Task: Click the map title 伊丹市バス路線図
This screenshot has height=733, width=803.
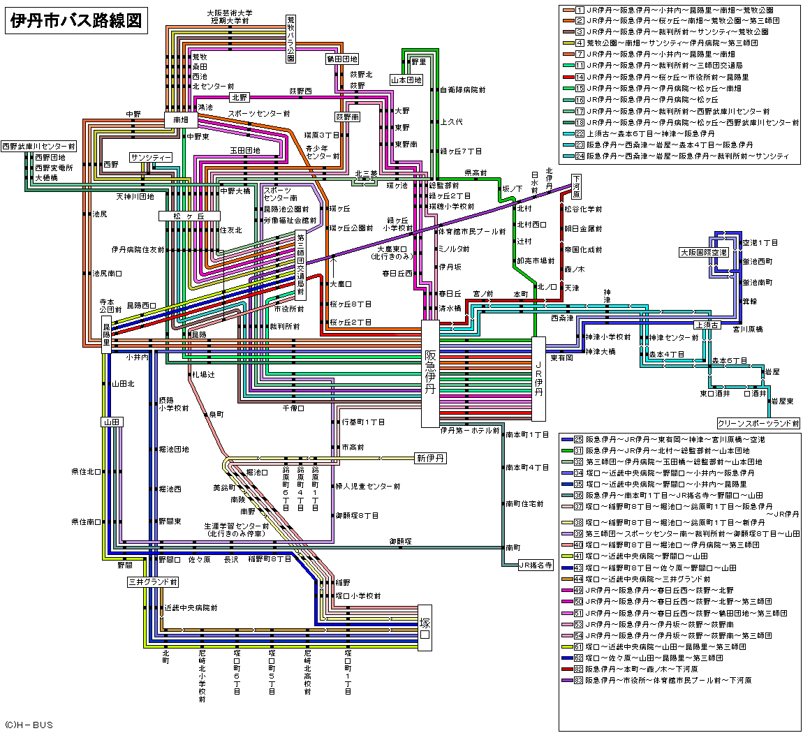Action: click(76, 21)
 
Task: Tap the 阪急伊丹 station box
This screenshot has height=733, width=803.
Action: click(430, 373)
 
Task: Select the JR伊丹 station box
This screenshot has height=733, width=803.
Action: click(538, 379)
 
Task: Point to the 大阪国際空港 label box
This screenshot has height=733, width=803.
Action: click(704, 252)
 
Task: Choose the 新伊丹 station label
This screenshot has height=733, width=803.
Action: click(431, 459)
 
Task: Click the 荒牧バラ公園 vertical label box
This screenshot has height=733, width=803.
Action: click(291, 39)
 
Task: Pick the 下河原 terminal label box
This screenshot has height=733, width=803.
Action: click(576, 186)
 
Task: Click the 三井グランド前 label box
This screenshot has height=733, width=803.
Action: click(152, 581)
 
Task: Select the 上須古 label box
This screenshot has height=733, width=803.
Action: click(707, 325)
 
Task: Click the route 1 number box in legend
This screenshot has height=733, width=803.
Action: click(579, 10)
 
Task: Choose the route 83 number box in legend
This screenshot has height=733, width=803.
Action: click(578, 679)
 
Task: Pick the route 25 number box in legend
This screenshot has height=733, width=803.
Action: click(578, 439)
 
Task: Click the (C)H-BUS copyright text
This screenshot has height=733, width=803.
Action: click(29, 725)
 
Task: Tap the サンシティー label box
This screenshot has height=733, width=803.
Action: click(151, 157)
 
